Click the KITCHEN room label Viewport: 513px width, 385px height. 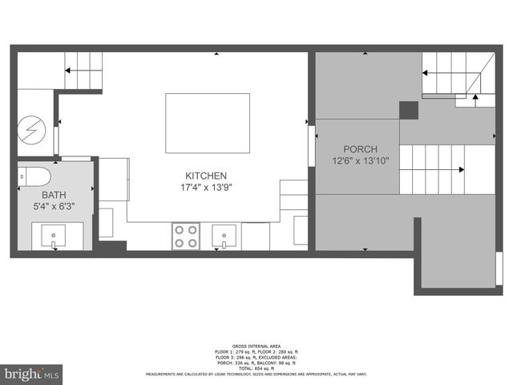(206, 176)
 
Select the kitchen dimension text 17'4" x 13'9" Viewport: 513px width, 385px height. (206, 188)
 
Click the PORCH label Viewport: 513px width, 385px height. (360, 149)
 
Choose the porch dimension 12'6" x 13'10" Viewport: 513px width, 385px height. (360, 161)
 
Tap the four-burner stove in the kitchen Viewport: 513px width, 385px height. (186, 236)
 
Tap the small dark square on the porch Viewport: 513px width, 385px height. (408, 110)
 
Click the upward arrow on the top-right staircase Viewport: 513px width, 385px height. (475, 97)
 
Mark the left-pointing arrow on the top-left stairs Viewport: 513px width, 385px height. (68, 71)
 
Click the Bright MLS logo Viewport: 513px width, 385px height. (31, 374)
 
